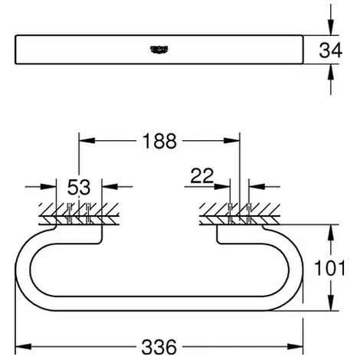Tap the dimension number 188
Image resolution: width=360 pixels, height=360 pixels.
pyautogui.click(x=160, y=141)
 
